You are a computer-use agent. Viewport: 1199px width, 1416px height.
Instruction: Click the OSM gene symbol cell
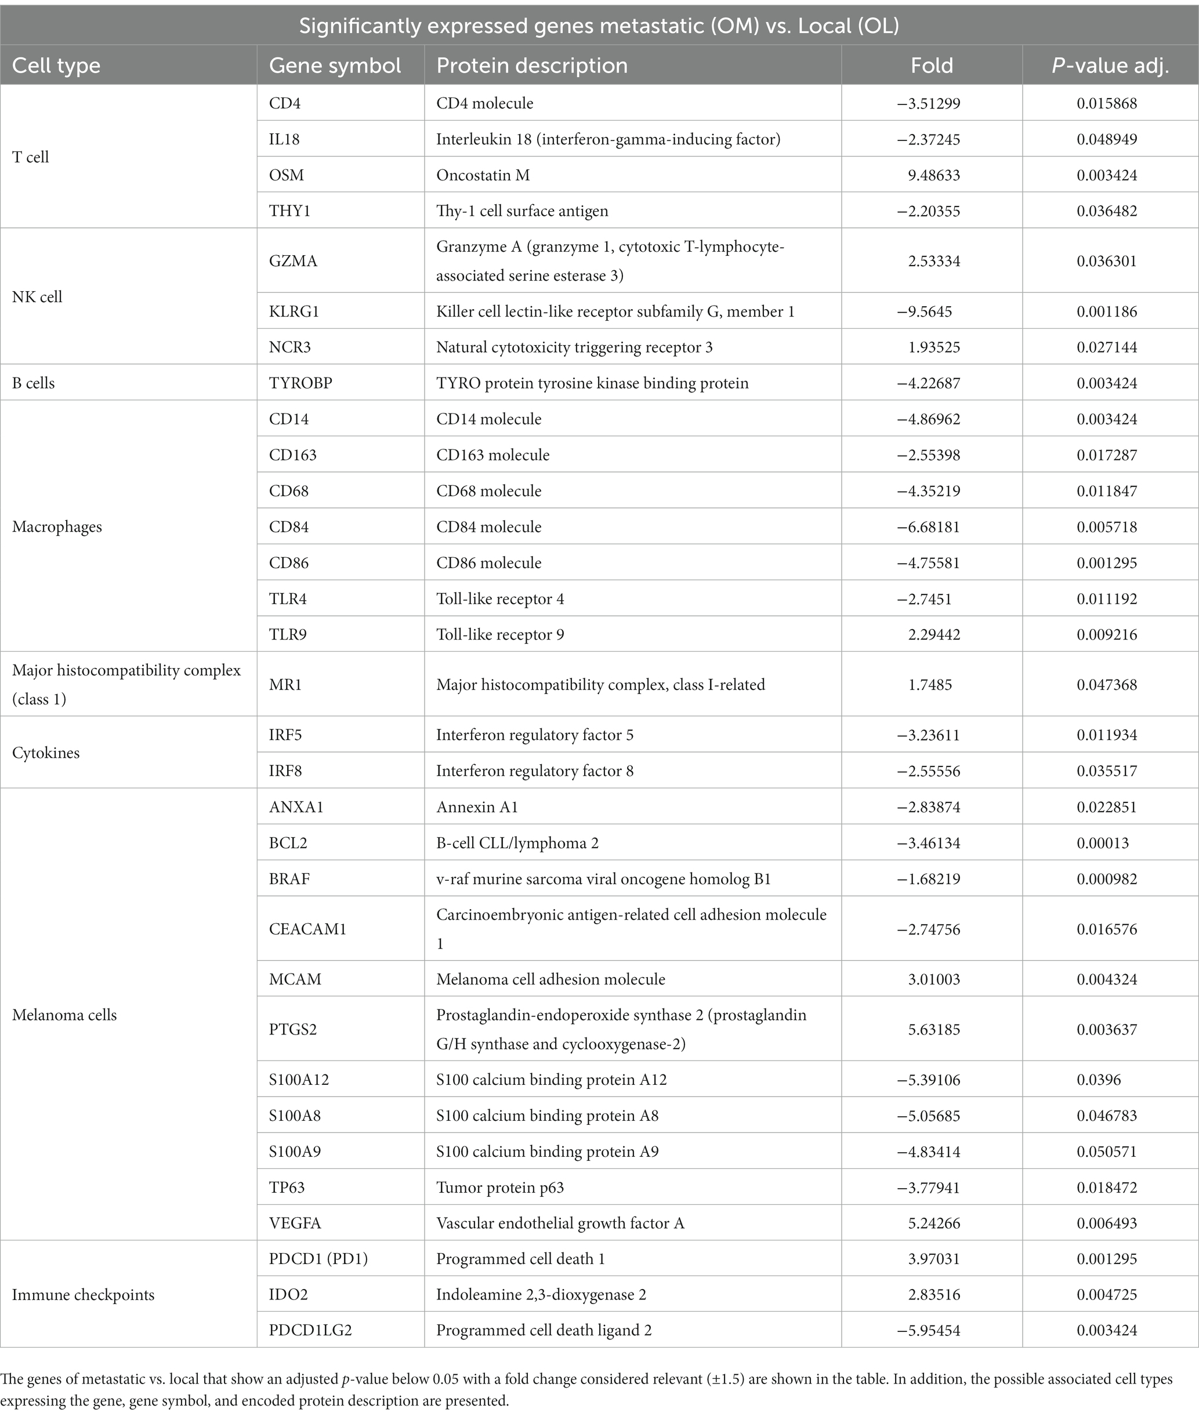[286, 175]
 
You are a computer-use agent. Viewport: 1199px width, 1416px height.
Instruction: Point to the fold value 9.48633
[934, 175]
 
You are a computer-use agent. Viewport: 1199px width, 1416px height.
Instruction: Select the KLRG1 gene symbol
[294, 312]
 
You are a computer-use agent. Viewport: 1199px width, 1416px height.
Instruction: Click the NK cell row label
[37, 297]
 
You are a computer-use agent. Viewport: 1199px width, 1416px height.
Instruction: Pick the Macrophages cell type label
[57, 527]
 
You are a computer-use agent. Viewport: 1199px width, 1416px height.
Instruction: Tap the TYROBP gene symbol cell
[300, 383]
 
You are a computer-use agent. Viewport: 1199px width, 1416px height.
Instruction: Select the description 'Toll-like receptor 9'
[499, 634]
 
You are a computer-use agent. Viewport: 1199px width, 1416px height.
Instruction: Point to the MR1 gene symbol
[285, 685]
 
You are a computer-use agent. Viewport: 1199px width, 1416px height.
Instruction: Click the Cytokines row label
[46, 753]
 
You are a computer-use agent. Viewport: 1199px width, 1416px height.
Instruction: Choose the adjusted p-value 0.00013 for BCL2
[1103, 843]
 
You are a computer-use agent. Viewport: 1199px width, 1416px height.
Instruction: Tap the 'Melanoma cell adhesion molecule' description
[550, 979]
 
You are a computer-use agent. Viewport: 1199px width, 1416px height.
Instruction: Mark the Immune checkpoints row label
[83, 1295]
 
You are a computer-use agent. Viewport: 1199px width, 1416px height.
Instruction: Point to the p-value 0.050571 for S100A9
[1107, 1152]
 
